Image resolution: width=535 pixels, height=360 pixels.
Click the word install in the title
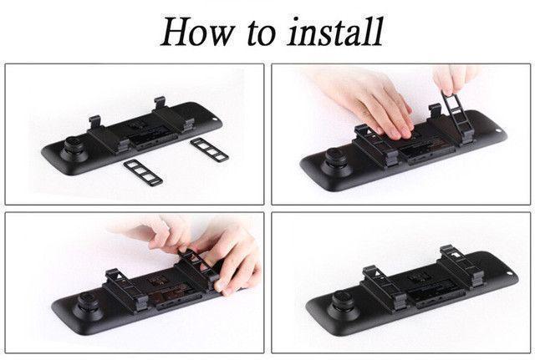(336, 32)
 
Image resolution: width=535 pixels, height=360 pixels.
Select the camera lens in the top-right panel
(337, 161)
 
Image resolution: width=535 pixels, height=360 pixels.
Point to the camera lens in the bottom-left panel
(89, 306)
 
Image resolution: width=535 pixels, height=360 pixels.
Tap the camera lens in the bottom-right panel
(342, 304)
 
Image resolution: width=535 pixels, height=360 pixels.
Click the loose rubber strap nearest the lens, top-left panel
(143, 173)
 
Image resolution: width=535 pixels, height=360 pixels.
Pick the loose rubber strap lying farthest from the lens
(209, 150)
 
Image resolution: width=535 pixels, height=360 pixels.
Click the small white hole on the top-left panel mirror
(215, 119)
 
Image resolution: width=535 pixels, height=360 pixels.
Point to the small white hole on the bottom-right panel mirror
(510, 273)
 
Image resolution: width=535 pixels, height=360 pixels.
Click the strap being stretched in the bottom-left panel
(197, 269)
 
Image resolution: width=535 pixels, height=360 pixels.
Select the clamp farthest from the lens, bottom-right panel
(461, 266)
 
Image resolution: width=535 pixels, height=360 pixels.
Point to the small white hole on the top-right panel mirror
(498, 130)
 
